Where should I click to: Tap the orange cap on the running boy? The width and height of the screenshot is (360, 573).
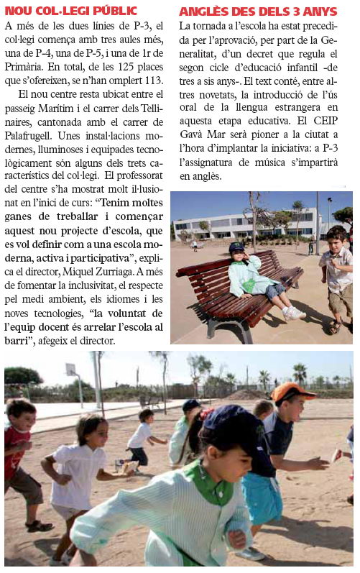coord(292,393)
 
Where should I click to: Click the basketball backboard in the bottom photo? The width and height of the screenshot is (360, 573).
coord(70,369)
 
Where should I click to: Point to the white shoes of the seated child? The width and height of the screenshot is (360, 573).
coord(292,313)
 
